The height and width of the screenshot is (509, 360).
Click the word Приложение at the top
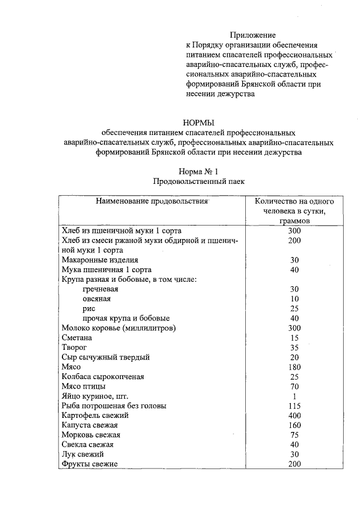256,35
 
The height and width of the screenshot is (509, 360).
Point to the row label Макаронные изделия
99,260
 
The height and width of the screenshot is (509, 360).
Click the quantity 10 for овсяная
294,299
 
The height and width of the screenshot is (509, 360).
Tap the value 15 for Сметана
294,337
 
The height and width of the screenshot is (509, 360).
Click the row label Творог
74,348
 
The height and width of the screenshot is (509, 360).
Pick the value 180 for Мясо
294,367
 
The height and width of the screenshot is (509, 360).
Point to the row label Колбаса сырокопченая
102,376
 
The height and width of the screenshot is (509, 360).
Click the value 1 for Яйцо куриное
294,396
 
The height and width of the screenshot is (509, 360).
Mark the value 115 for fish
294,406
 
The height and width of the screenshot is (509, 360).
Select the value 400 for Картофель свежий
294,415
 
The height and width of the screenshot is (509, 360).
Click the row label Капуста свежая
89,425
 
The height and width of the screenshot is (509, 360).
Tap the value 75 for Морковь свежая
294,435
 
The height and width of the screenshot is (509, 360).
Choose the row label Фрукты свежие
89,464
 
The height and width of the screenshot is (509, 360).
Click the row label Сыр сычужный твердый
105,357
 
